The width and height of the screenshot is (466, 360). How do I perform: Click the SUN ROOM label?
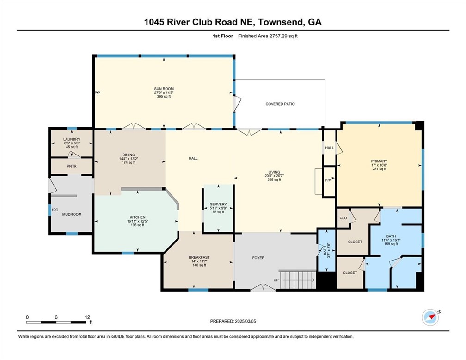coord(164,88)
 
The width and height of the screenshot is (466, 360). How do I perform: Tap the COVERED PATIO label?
coord(280,104)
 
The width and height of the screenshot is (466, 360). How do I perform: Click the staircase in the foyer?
coord(298,279)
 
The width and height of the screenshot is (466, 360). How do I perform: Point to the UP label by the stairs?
coord(276,280)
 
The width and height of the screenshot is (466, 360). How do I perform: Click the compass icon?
coord(430,317)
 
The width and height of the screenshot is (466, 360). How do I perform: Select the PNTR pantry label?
coord(72,165)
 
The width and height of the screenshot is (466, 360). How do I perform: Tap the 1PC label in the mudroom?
coord(55,210)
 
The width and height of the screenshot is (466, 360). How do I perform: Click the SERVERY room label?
coord(218,204)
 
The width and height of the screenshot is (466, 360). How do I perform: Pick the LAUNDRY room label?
coord(72,139)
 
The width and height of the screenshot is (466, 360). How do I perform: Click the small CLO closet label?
coord(343,217)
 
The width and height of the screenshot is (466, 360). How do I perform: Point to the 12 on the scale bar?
coord(87,317)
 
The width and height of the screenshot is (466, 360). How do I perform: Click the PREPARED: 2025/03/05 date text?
coord(233,321)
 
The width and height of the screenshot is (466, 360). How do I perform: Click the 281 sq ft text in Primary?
coord(379,169)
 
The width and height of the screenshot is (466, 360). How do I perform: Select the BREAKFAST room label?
coord(199,257)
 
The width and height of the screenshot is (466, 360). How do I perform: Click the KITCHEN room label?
coord(137,217)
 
